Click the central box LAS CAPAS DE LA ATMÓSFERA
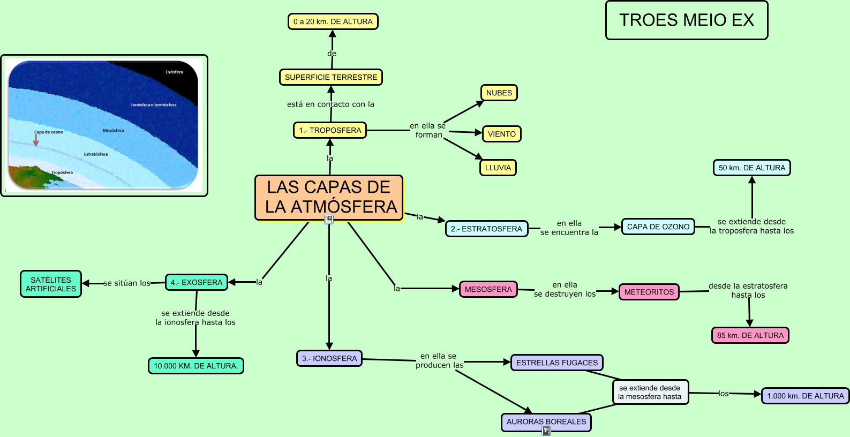pyautogui.click(x=329, y=197)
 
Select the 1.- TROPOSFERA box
pyautogui.click(x=330, y=130)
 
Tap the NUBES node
pyautogui.click(x=499, y=93)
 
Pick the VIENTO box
pyautogui.click(x=501, y=134)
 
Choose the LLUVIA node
pyautogui.click(x=498, y=168)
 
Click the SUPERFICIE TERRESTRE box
pyautogui.click(x=331, y=77)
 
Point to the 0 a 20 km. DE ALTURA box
pyautogui.click(x=333, y=21)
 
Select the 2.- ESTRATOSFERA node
pyautogui.click(x=486, y=229)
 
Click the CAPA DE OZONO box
pyautogui.click(x=658, y=227)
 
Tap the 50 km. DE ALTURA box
pyautogui.click(x=751, y=168)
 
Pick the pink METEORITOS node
pyautogui.click(x=649, y=292)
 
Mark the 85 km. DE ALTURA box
pyautogui.click(x=750, y=335)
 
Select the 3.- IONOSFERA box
pyautogui.click(x=329, y=358)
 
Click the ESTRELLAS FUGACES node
pyautogui.click(x=556, y=363)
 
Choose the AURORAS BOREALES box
pyautogui.click(x=546, y=421)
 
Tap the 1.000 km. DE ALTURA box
pyautogui.click(x=805, y=396)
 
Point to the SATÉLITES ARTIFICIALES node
pyautogui.click(x=51, y=284)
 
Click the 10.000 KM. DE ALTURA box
pyautogui.click(x=195, y=366)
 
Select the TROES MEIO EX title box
pyautogui.click(x=687, y=20)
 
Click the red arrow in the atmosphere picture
pyautogui.click(x=36, y=140)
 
